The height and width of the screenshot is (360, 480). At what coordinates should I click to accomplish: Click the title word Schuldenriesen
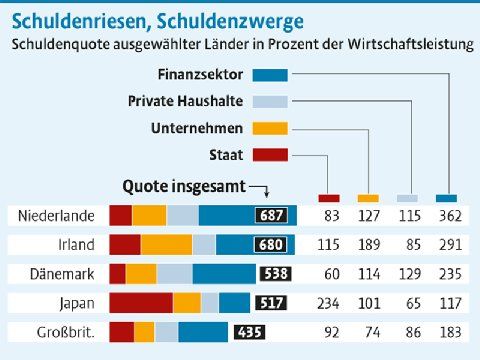point(79,21)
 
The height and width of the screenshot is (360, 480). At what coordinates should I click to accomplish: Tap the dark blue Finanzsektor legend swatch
point(270,75)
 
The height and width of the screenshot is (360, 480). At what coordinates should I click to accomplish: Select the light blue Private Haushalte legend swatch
point(270,102)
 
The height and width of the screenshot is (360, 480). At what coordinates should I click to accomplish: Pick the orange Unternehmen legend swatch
point(270,128)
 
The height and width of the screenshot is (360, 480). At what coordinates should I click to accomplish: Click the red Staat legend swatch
point(270,155)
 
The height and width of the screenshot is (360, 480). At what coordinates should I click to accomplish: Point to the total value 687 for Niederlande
point(271,215)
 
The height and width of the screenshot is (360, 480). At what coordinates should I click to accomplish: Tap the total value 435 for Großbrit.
point(250,332)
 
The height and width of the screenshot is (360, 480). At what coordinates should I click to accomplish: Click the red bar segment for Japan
point(141,303)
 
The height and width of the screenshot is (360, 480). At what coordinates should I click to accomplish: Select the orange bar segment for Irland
point(166,245)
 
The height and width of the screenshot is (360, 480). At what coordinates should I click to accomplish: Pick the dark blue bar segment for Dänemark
point(224,274)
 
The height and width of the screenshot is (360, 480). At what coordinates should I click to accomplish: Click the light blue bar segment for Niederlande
point(183,215)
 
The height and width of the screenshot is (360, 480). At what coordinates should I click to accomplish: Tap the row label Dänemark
point(62,274)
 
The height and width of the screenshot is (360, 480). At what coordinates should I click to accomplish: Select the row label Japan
point(77,304)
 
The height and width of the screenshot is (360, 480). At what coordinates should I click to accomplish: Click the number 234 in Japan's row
point(328,304)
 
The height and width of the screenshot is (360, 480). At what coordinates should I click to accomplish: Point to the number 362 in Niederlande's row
point(450,216)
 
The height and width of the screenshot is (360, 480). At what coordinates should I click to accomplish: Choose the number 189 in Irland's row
point(369,245)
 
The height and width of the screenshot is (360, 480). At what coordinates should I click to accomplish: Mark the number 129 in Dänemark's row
point(410,274)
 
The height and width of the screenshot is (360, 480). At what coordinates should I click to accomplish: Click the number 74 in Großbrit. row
point(372,332)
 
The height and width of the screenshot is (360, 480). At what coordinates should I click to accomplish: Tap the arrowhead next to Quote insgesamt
point(266,193)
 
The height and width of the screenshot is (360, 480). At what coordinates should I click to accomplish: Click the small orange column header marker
point(368,198)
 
